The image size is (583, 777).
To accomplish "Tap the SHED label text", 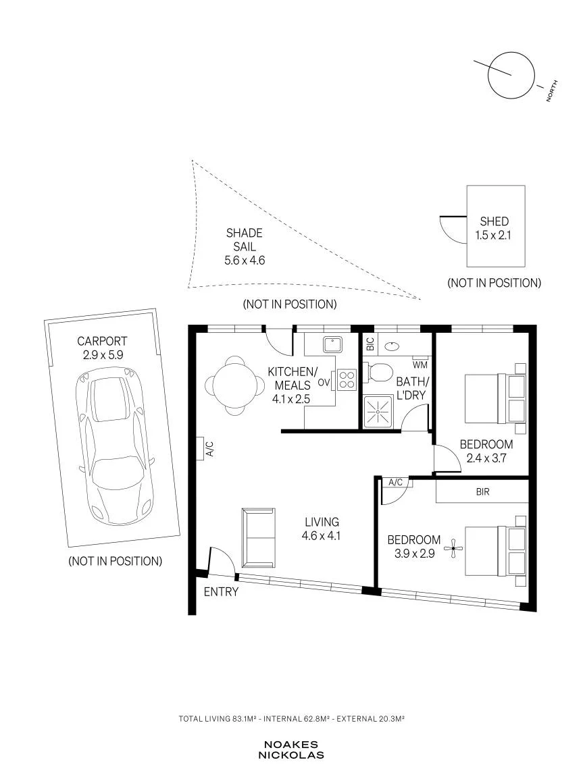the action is click(495, 221).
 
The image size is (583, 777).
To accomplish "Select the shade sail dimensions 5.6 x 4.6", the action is click(245, 260).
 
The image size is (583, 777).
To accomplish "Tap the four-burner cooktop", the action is click(347, 379).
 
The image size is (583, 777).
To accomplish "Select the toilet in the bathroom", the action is click(377, 372).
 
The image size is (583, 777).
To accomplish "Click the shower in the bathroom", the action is click(378, 412).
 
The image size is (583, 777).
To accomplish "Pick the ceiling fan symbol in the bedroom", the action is click(453, 549).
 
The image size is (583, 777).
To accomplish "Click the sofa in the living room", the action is click(258, 537).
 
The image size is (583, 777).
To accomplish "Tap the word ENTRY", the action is click(221, 591).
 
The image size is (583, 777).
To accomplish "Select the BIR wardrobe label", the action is click(482, 491).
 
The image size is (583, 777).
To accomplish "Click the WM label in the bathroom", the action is click(420, 365).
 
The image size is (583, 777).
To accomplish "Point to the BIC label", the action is click(370, 344).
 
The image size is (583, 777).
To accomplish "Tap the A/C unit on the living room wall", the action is click(200, 449).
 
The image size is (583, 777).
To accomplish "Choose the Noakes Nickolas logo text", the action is click(291, 750).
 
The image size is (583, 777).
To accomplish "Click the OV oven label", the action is click(324, 383).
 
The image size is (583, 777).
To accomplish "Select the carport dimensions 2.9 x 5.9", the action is click(103, 355).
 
